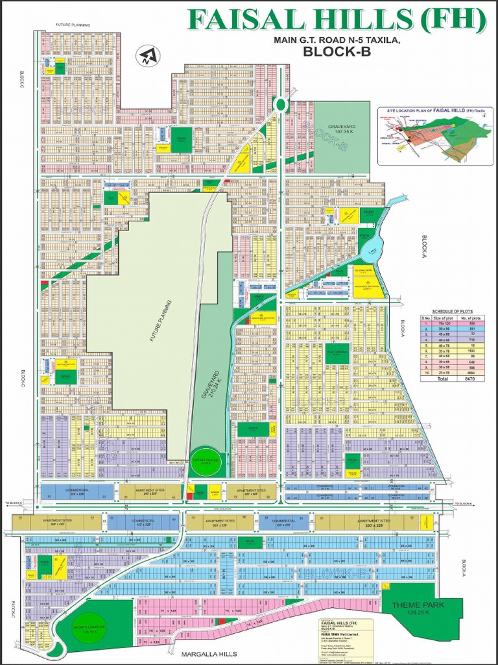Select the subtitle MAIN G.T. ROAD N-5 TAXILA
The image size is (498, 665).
click(337, 41)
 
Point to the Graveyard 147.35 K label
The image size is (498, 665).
click(342, 129)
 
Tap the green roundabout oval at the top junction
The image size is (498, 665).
click(280, 104)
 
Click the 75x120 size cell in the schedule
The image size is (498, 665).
click(444, 323)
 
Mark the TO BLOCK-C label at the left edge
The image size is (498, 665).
click(14, 504)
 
